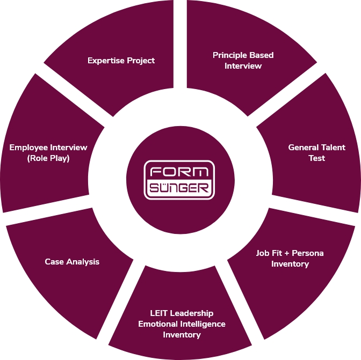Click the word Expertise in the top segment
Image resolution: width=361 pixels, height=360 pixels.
click(106, 61)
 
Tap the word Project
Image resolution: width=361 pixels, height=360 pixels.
click(141, 61)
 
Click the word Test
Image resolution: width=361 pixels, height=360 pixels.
click(316, 158)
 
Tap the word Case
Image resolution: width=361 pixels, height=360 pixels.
click(54, 262)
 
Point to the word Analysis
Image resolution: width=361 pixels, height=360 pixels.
click(83, 262)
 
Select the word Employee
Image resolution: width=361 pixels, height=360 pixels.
click(28, 148)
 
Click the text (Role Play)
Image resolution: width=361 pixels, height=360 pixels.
click(48, 158)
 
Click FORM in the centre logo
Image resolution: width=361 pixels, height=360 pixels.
click(179, 172)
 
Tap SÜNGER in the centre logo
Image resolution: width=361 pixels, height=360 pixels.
click(179, 187)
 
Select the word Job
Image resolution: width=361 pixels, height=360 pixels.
click(263, 253)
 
